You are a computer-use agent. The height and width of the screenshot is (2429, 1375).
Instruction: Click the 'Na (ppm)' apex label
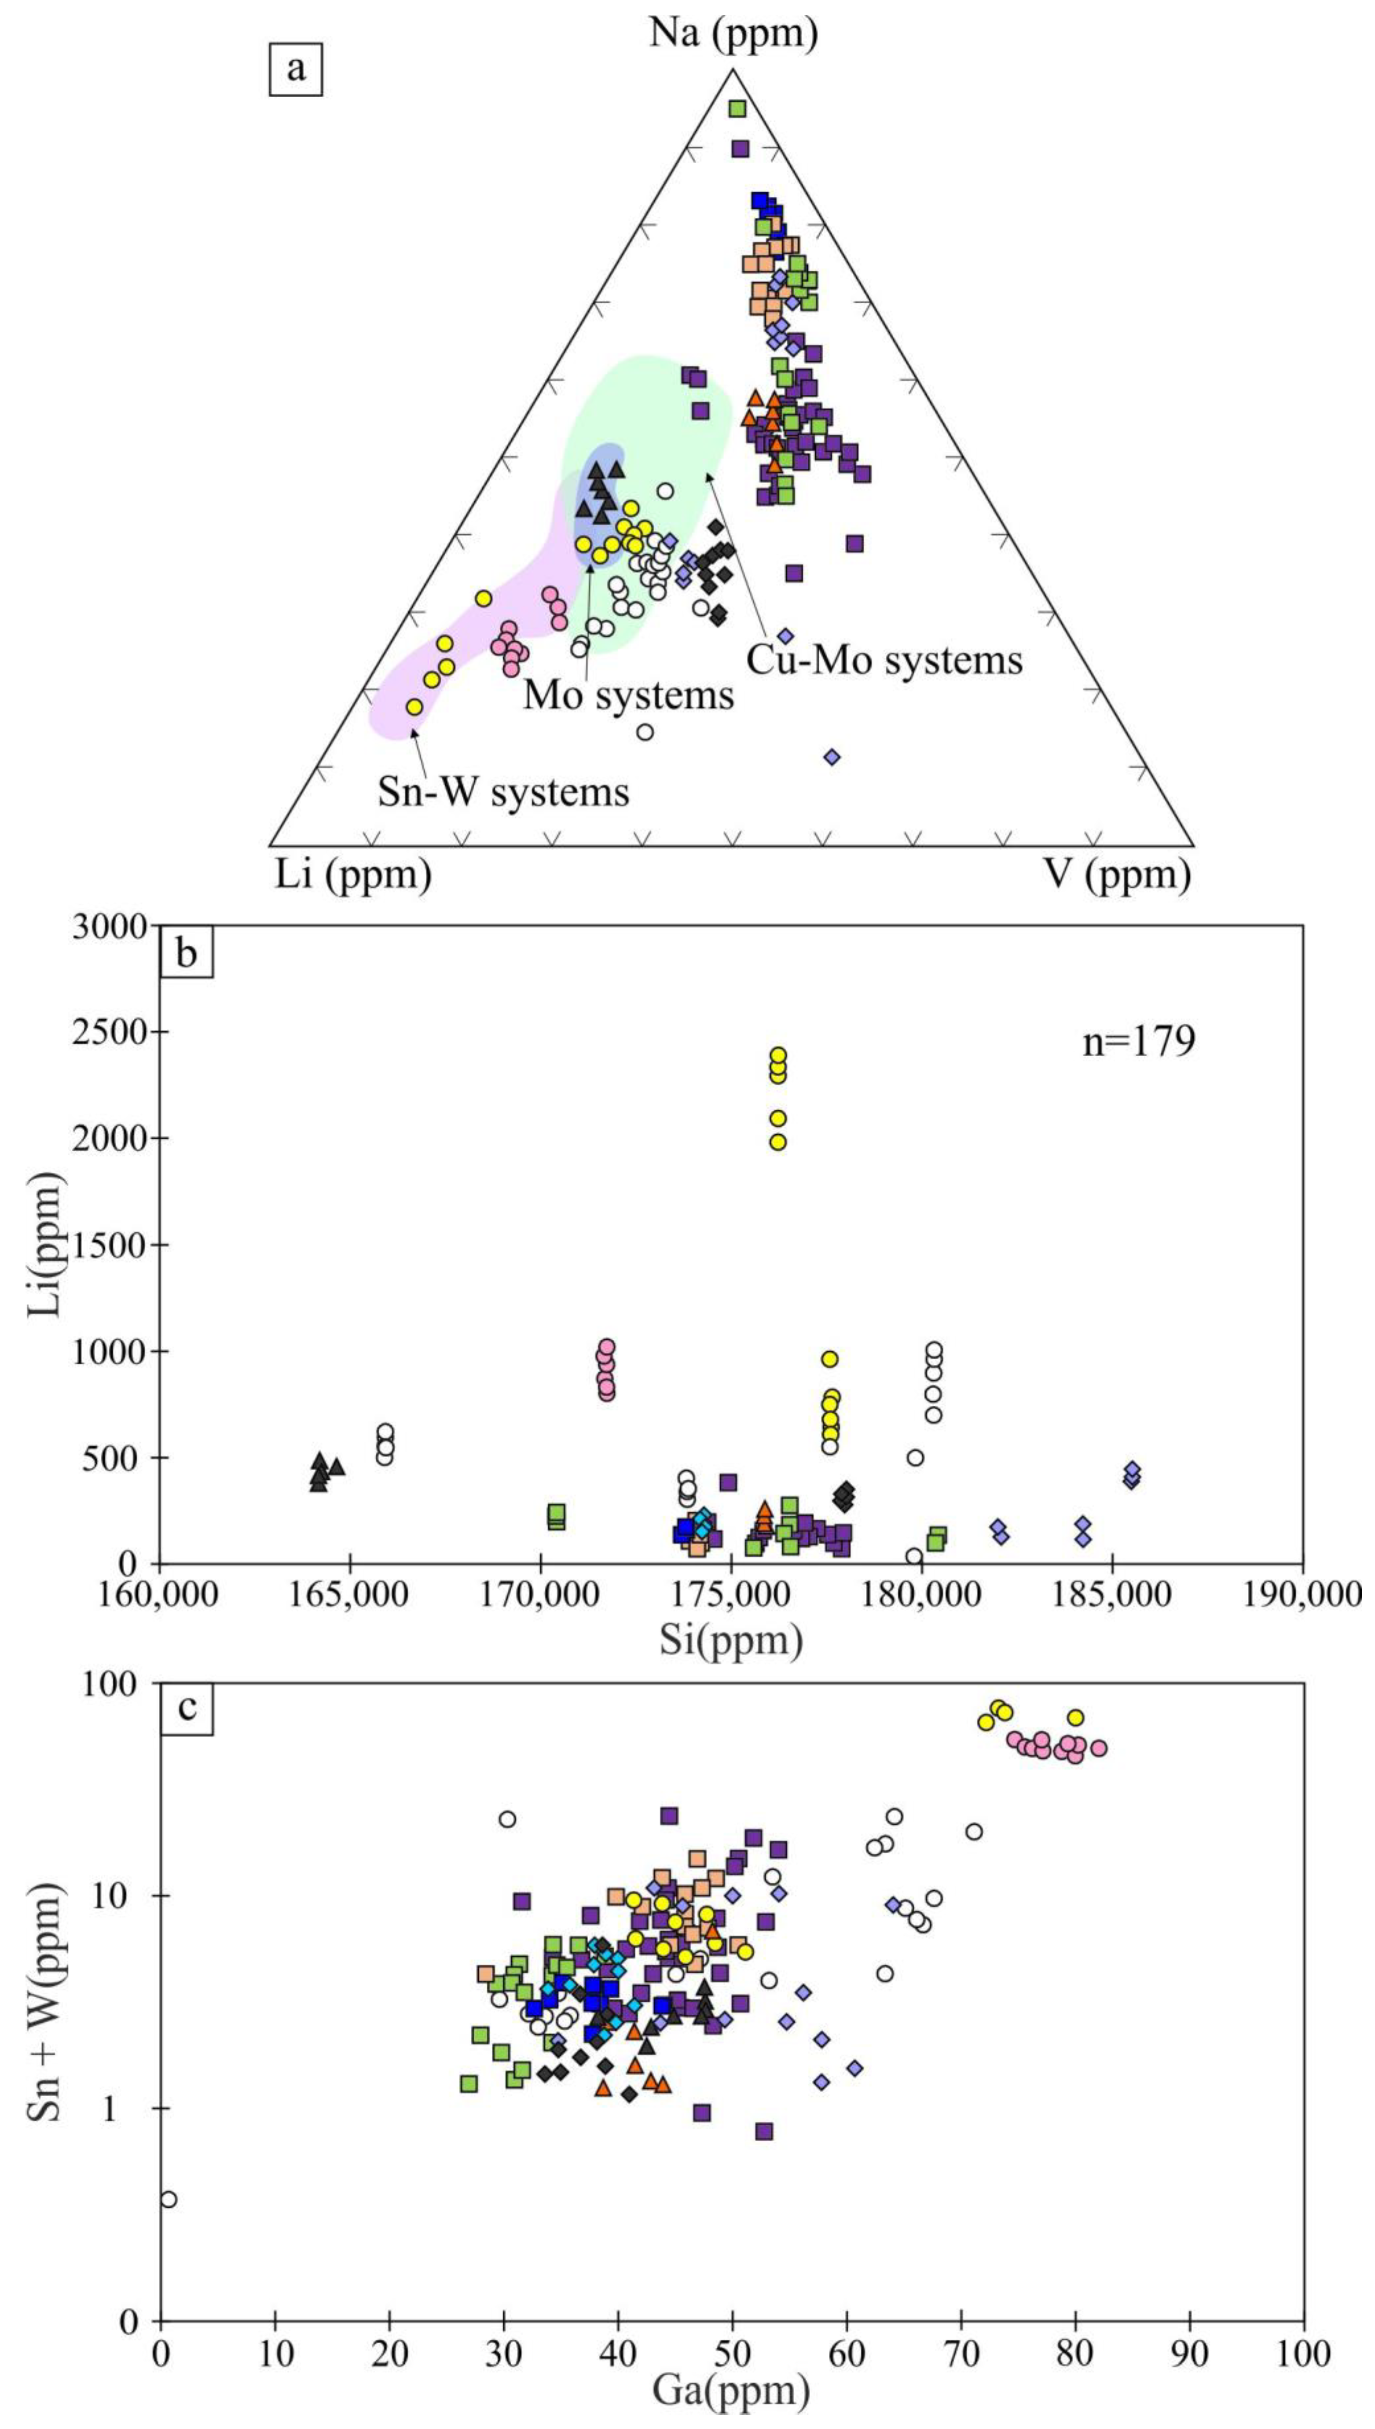tap(733, 34)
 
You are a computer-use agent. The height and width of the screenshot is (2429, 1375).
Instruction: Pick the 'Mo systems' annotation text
tap(629, 695)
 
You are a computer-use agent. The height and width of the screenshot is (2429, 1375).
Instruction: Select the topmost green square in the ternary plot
tap(737, 109)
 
